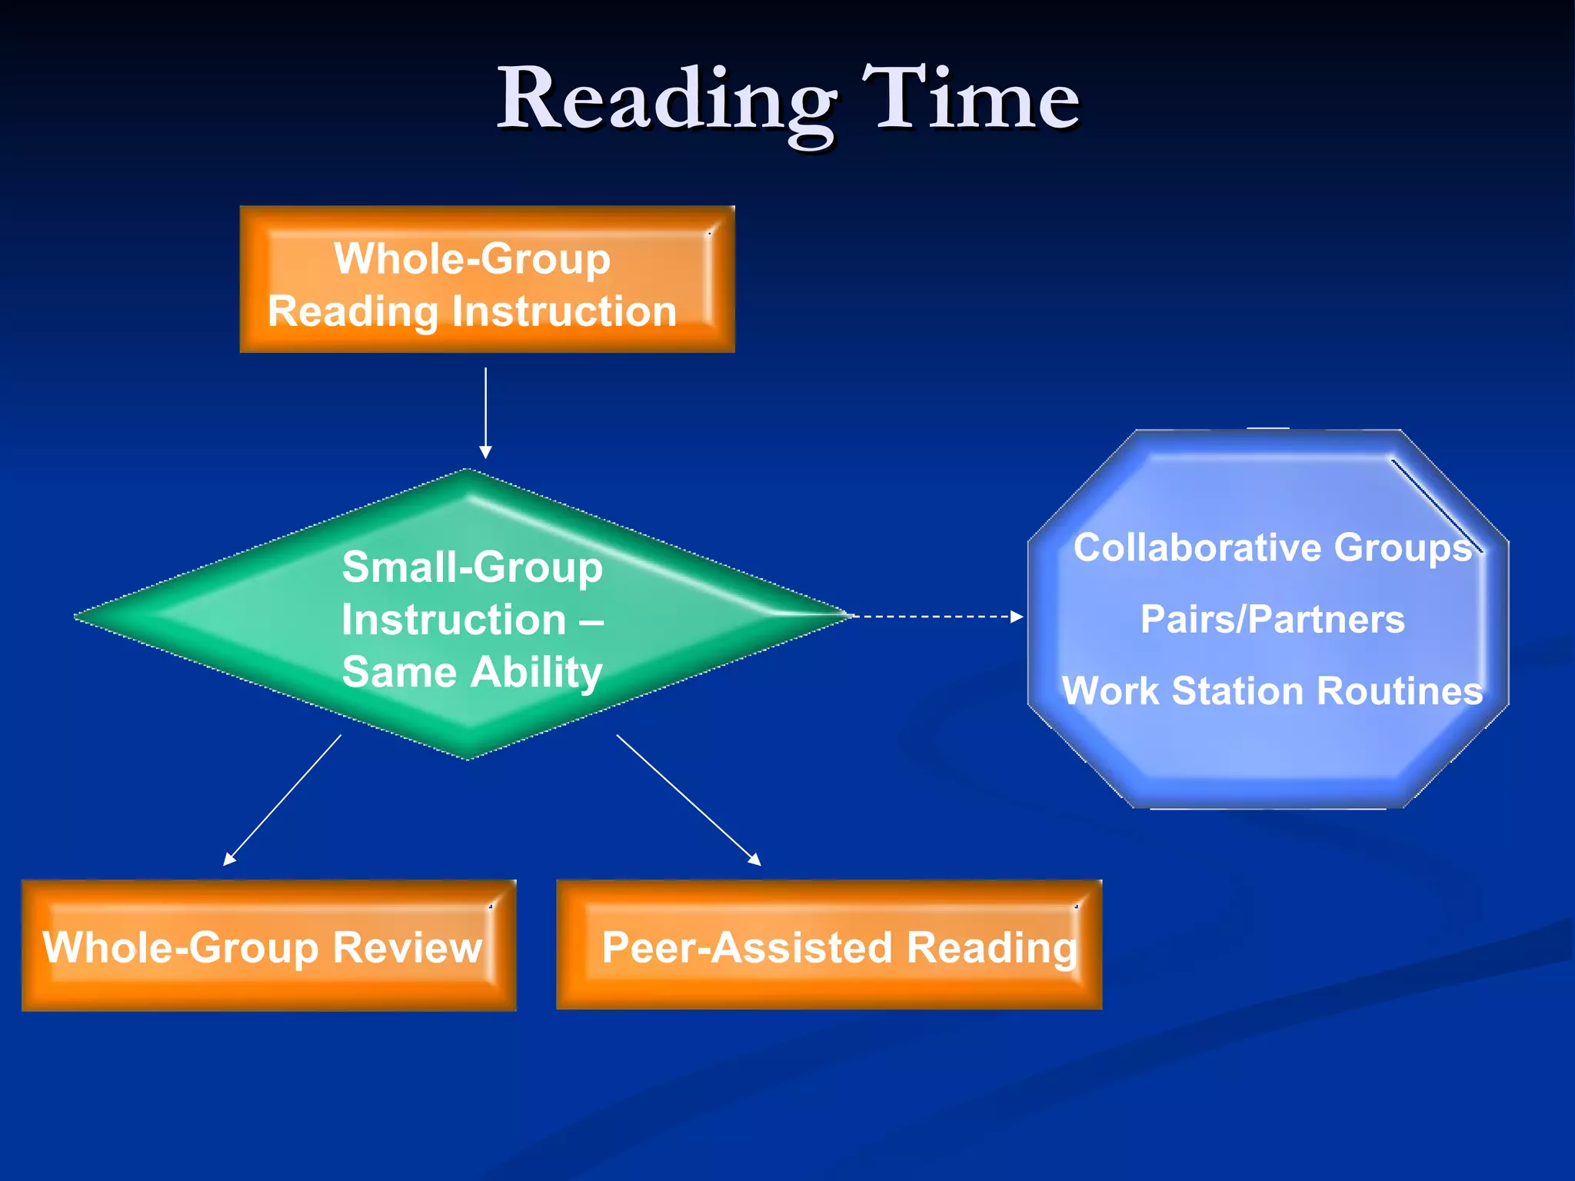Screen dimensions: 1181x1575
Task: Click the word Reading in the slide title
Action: (666, 100)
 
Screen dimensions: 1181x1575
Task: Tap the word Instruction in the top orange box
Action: (564, 312)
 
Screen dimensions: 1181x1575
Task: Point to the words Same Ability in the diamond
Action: (471, 672)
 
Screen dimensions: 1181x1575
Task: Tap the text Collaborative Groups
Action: (1272, 548)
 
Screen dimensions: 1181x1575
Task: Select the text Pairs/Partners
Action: (1272, 620)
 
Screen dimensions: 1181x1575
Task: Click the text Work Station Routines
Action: (1272, 691)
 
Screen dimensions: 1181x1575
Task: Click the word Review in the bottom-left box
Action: (407, 947)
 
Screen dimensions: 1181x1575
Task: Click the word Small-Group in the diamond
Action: (471, 567)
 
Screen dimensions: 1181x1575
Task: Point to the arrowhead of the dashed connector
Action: (1017, 616)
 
